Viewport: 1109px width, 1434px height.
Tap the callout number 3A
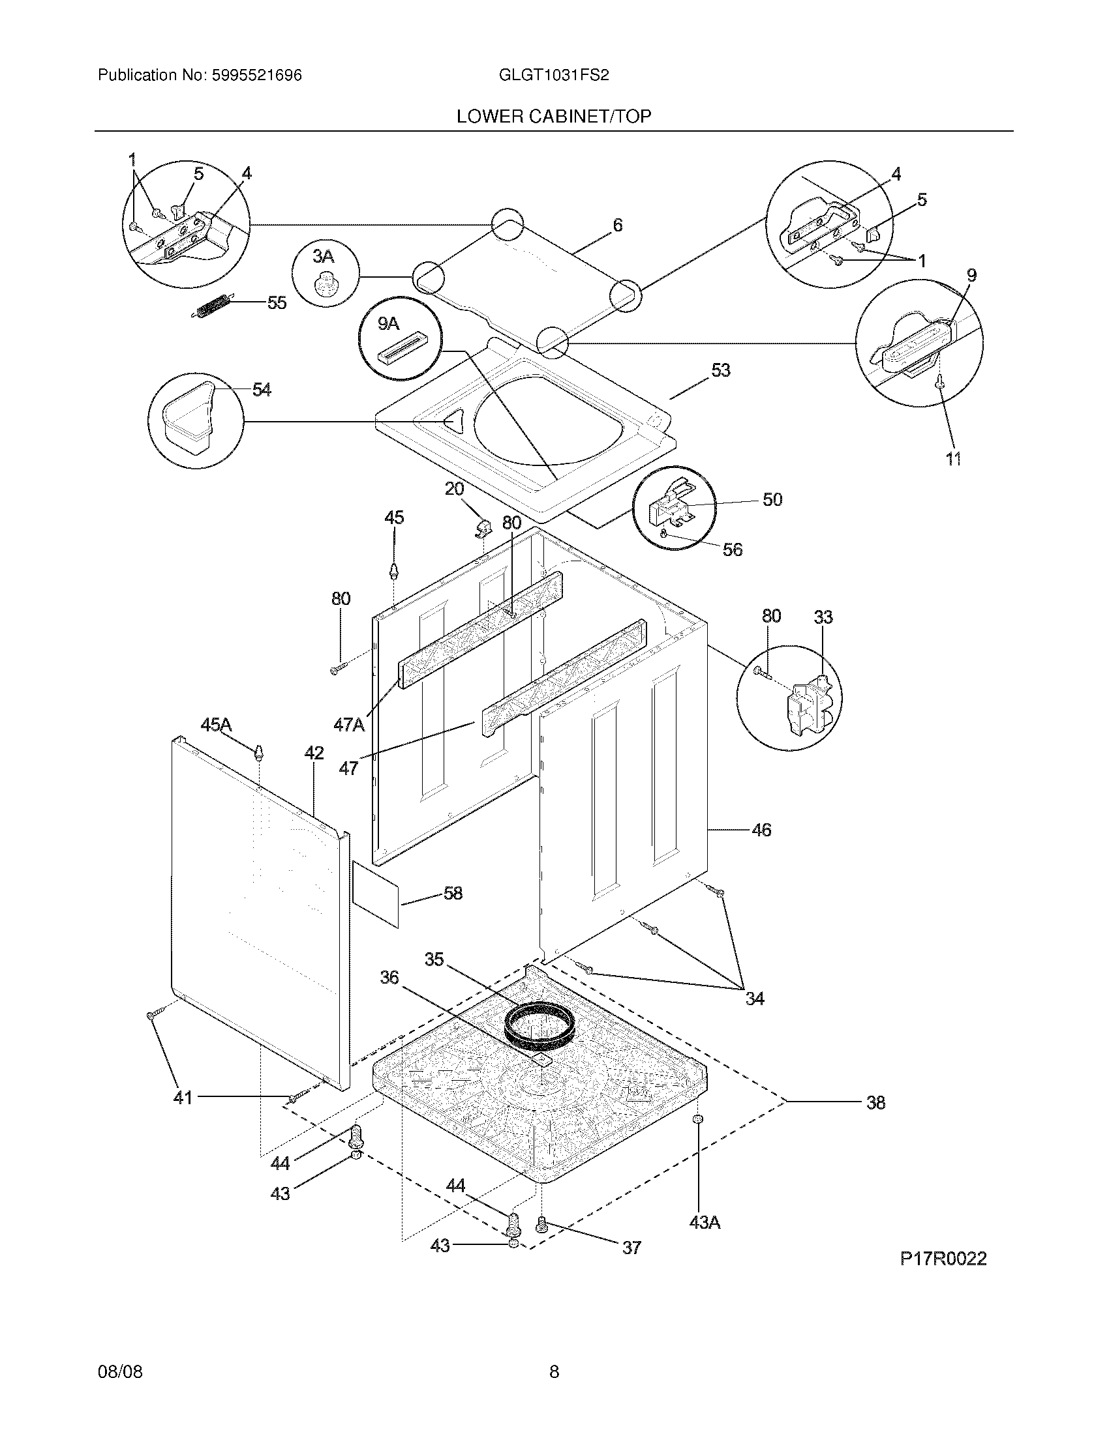tap(323, 257)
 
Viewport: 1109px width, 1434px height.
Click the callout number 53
tap(721, 371)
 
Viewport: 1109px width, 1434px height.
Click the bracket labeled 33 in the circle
tap(810, 707)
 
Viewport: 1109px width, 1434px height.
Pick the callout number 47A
tap(348, 725)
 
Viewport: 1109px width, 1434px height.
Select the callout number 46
tap(761, 830)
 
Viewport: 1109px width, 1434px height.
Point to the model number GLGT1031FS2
tap(554, 76)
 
